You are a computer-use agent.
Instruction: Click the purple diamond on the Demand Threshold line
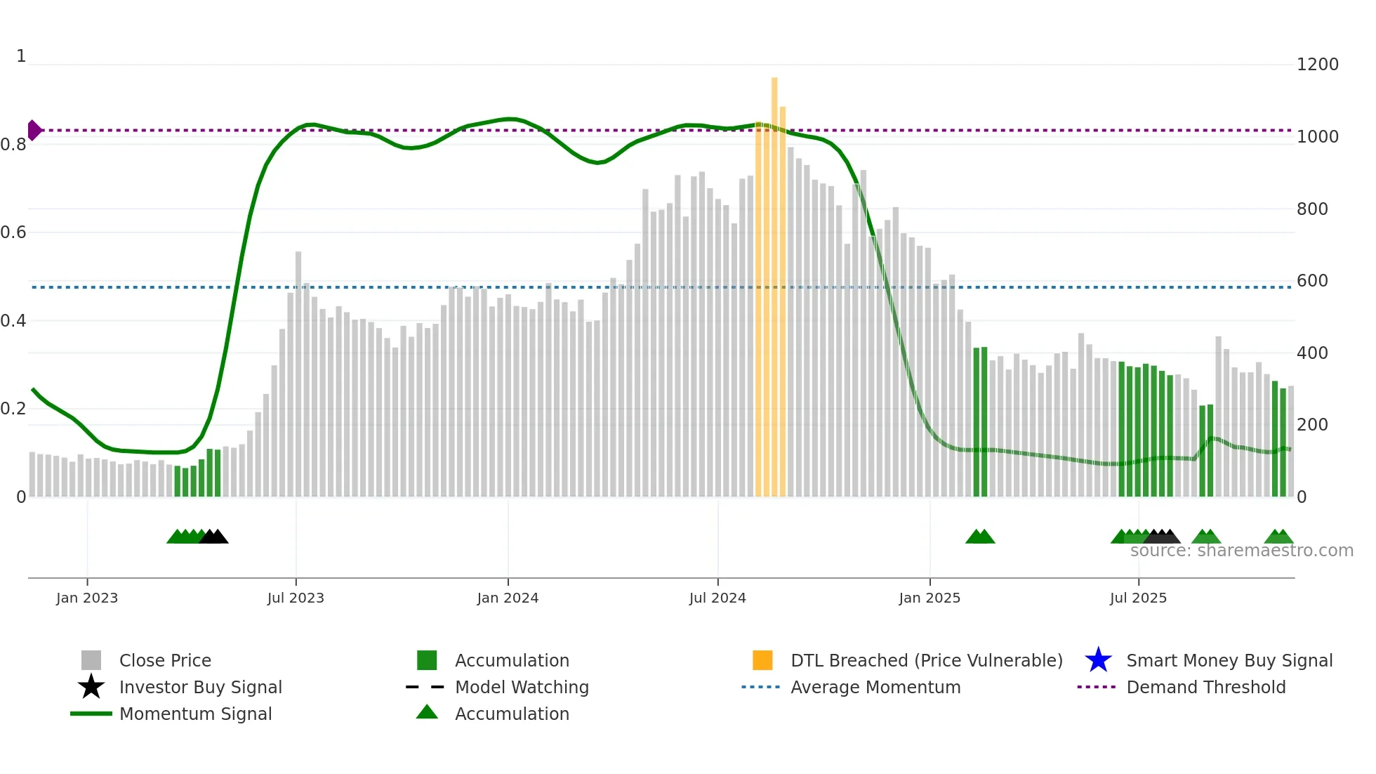[34, 130]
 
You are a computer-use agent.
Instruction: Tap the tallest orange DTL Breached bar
[774, 281]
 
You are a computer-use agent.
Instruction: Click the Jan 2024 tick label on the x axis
[508, 598]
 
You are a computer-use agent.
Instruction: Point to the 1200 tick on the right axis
[1317, 65]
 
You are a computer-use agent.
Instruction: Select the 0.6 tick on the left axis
[13, 232]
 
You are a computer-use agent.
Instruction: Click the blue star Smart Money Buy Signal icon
[1098, 660]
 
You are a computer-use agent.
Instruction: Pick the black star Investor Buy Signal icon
[91, 687]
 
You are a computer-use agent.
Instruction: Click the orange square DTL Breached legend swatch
[762, 660]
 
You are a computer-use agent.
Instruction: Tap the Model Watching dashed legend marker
[425, 687]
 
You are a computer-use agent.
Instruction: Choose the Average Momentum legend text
[875, 687]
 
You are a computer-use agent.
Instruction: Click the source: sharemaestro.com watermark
[1241, 551]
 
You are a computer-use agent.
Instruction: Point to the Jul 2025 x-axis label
[1138, 598]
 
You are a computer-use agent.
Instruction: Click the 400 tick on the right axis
[1312, 353]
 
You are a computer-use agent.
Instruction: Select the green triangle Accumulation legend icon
[427, 712]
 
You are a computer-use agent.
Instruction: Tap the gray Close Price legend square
[91, 660]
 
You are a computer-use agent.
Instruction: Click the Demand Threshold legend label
[1205, 687]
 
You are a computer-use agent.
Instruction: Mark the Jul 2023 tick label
[296, 598]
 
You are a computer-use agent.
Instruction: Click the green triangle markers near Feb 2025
[980, 537]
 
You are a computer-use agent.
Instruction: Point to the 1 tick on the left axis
[21, 56]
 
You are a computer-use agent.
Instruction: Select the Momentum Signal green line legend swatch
[91, 714]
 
